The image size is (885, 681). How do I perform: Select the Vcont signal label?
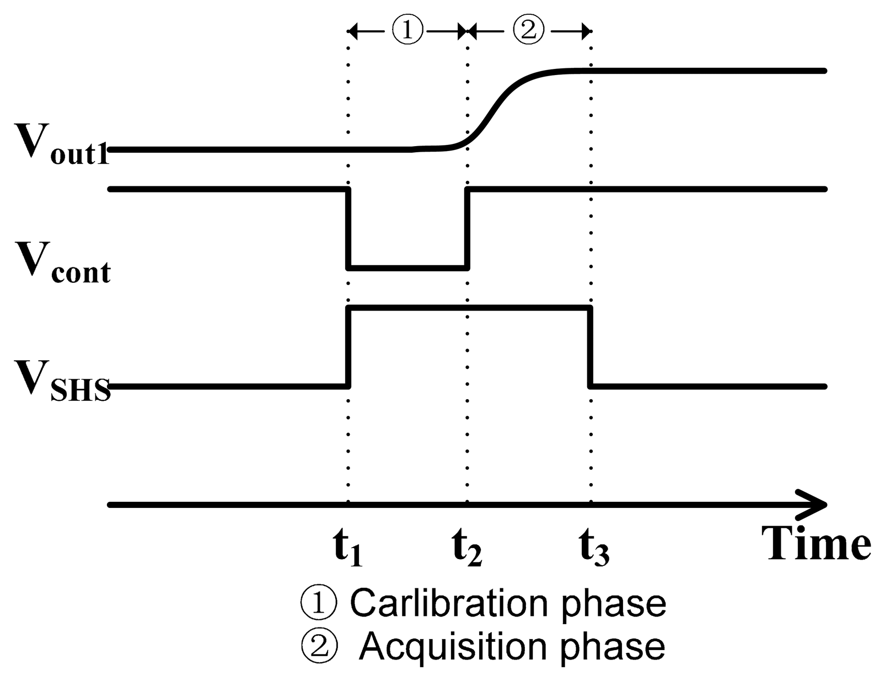coord(62,264)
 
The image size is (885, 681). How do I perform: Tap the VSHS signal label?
coord(61,380)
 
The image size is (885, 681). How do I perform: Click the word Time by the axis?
coord(818,543)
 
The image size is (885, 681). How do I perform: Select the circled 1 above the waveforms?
coord(407,30)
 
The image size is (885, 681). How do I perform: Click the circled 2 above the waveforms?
coord(528,30)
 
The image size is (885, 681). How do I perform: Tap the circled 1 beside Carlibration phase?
coord(319,603)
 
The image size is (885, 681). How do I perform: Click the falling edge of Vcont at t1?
coord(348,228)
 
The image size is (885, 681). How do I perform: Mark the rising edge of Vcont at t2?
coord(467,228)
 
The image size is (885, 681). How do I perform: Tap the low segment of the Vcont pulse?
coord(407,268)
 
